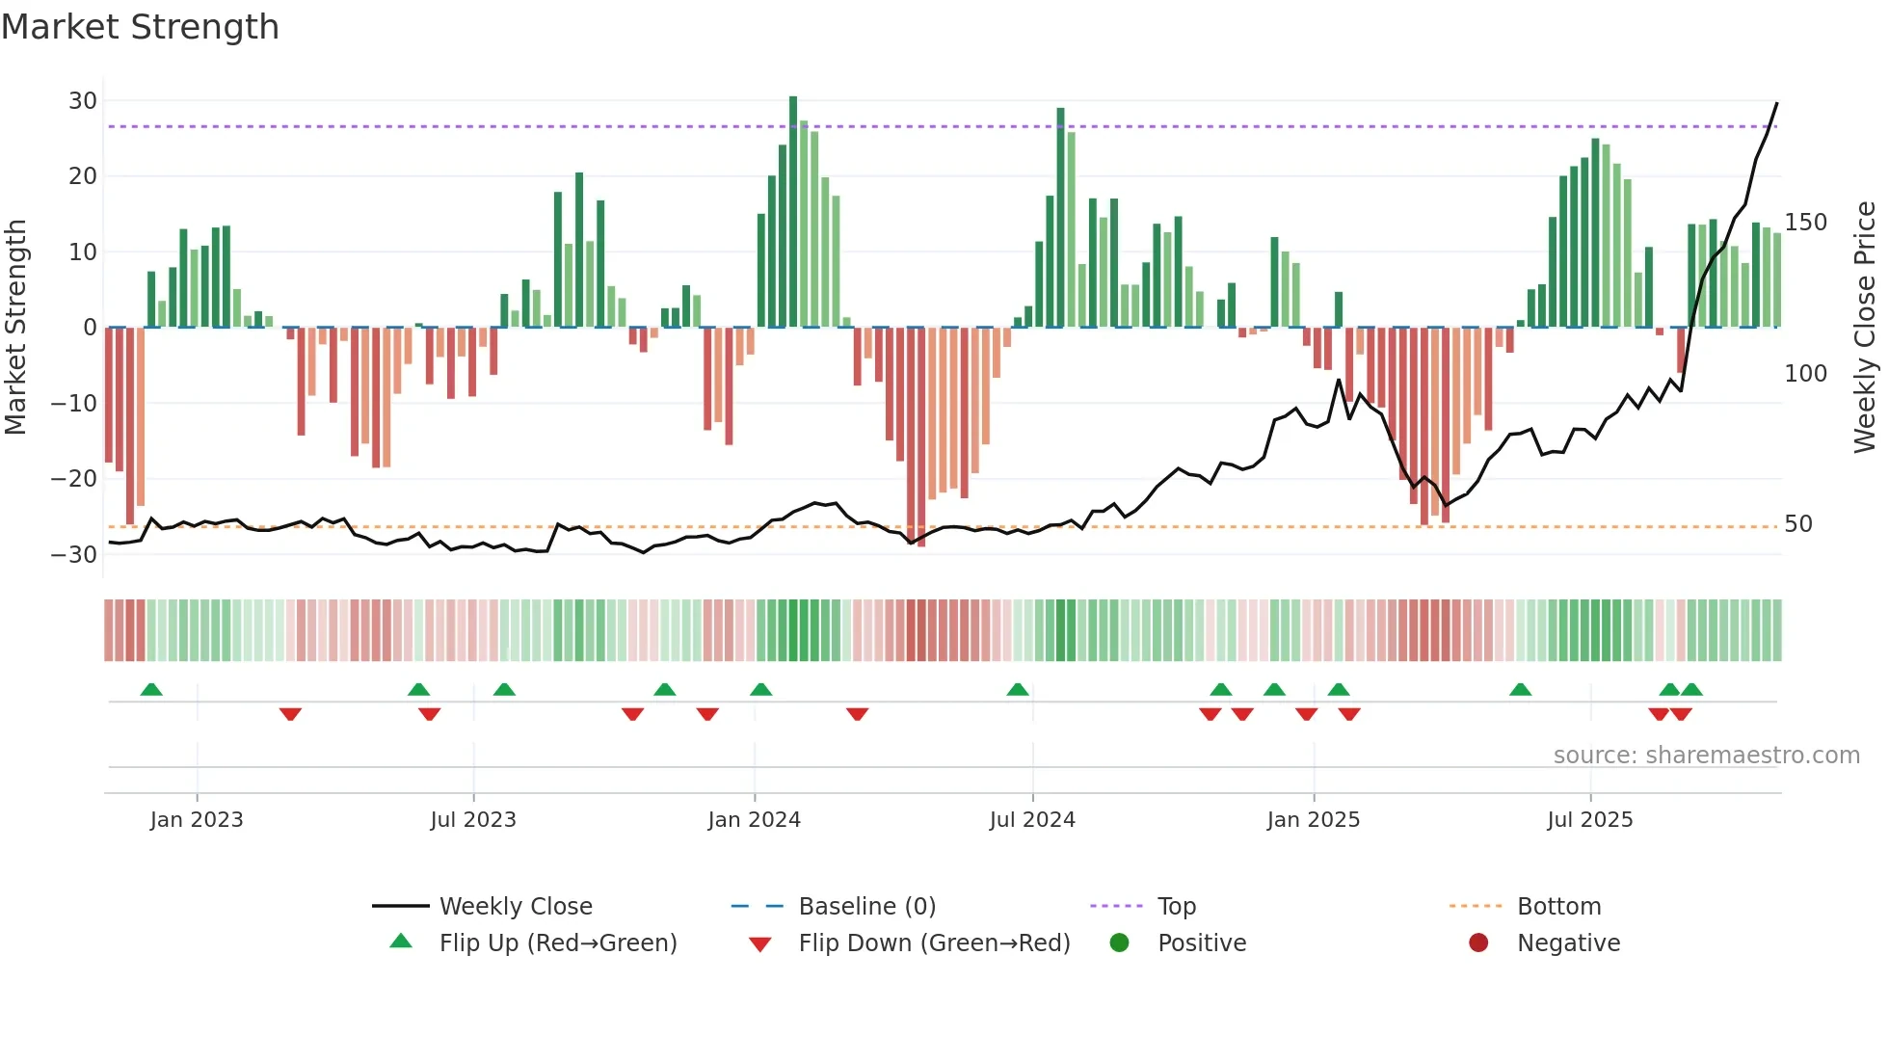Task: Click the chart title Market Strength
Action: (x=140, y=27)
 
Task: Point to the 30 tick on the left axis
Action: (x=83, y=101)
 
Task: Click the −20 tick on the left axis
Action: (x=74, y=479)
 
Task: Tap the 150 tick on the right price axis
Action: (x=1805, y=223)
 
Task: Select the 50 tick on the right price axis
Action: (x=1797, y=524)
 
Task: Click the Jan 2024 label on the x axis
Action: (x=754, y=820)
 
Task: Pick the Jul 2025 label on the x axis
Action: (x=1589, y=820)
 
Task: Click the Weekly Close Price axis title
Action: (x=1865, y=328)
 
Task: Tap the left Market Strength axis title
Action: (x=15, y=328)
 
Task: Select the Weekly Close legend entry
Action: (x=515, y=907)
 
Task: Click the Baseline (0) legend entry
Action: (x=866, y=907)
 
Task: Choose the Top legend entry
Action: (x=1176, y=907)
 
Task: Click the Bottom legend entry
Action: (x=1558, y=907)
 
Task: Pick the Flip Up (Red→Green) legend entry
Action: (x=557, y=943)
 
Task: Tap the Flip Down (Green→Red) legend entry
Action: (x=933, y=943)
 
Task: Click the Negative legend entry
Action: (x=1567, y=943)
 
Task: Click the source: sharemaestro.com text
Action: (x=1706, y=756)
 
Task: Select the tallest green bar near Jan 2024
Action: (x=793, y=212)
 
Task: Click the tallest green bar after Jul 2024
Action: (x=1061, y=218)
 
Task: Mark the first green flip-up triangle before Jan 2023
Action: (x=151, y=690)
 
